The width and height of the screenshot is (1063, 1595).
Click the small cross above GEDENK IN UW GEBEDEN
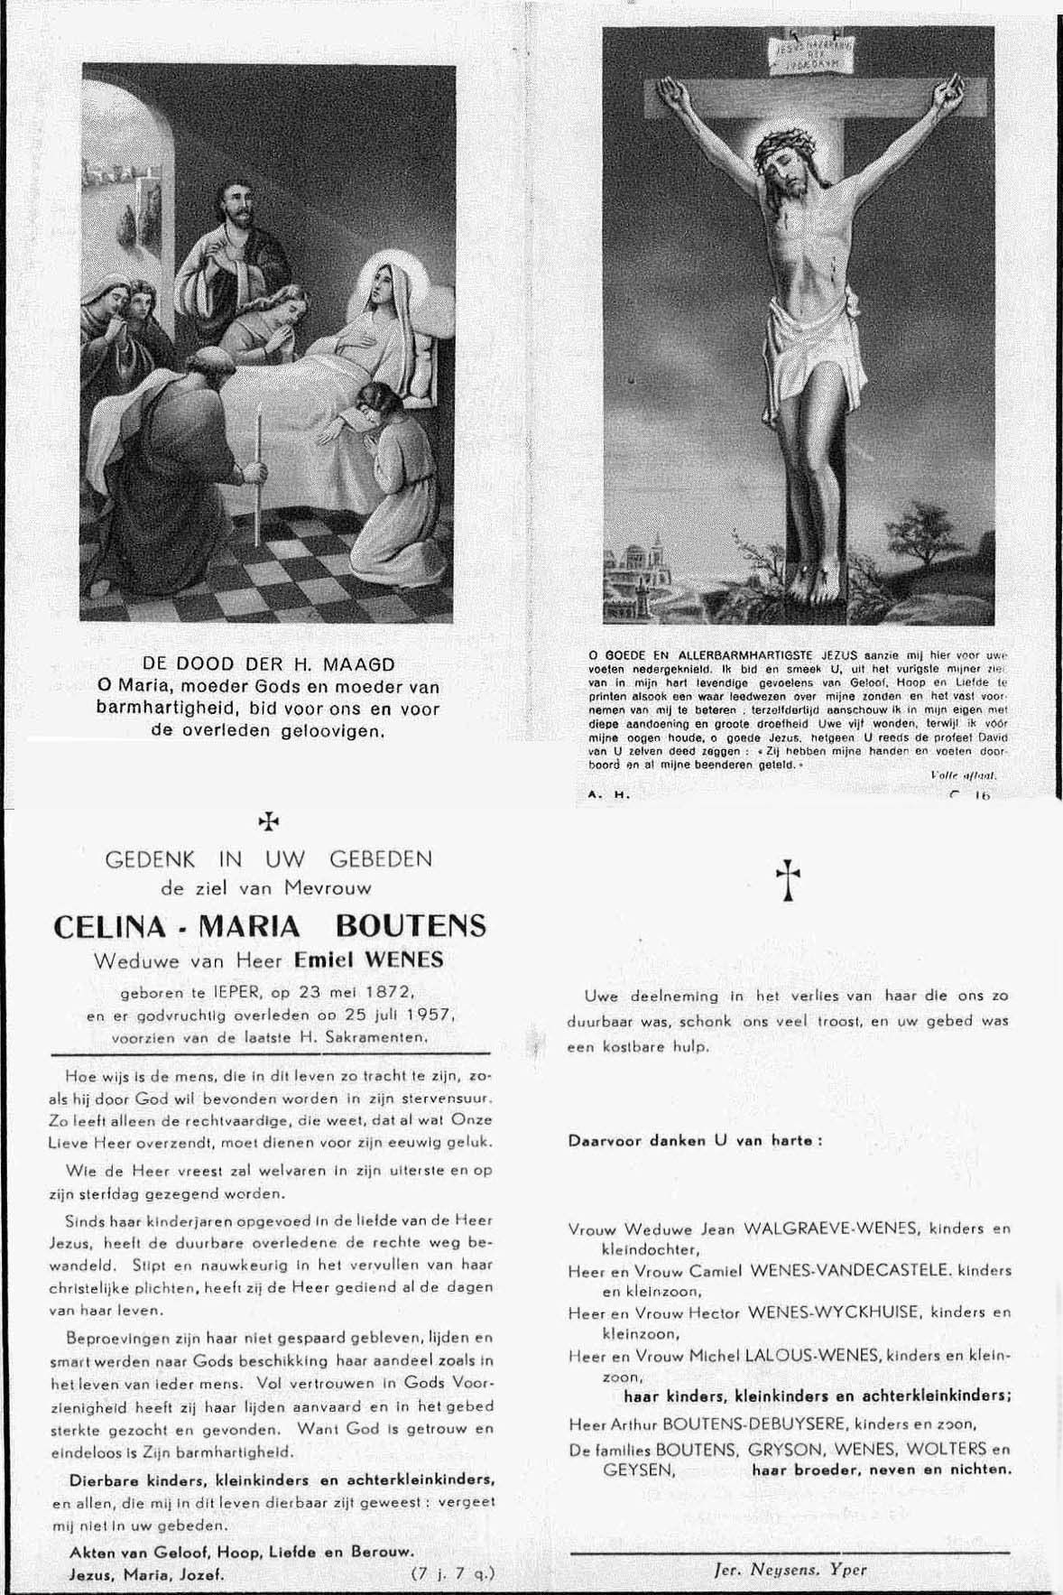pos(268,821)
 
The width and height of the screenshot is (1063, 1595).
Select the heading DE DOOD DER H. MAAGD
pos(268,665)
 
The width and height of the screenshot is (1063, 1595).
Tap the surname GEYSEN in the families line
pos(638,1469)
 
